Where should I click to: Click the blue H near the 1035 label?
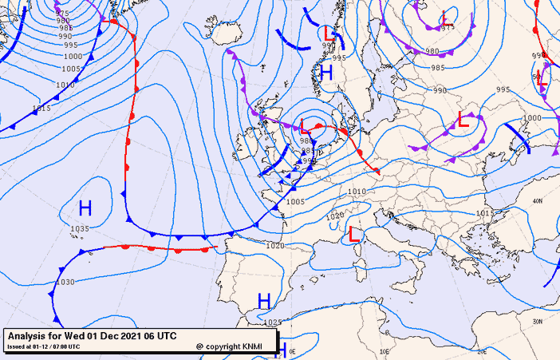point(85,209)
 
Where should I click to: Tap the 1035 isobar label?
point(79,229)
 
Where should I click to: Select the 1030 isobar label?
point(65,283)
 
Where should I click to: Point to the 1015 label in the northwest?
point(41,108)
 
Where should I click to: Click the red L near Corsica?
point(353,235)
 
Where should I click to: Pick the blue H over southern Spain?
point(264,300)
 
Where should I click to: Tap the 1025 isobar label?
point(273,322)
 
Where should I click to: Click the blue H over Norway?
point(325,73)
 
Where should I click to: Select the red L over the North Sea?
point(306,126)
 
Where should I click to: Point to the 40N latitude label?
point(537,201)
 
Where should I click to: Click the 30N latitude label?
point(537,321)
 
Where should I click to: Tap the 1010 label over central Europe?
point(357,192)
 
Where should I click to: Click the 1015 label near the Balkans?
point(483,214)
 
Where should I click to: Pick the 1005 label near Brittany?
point(295,202)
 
